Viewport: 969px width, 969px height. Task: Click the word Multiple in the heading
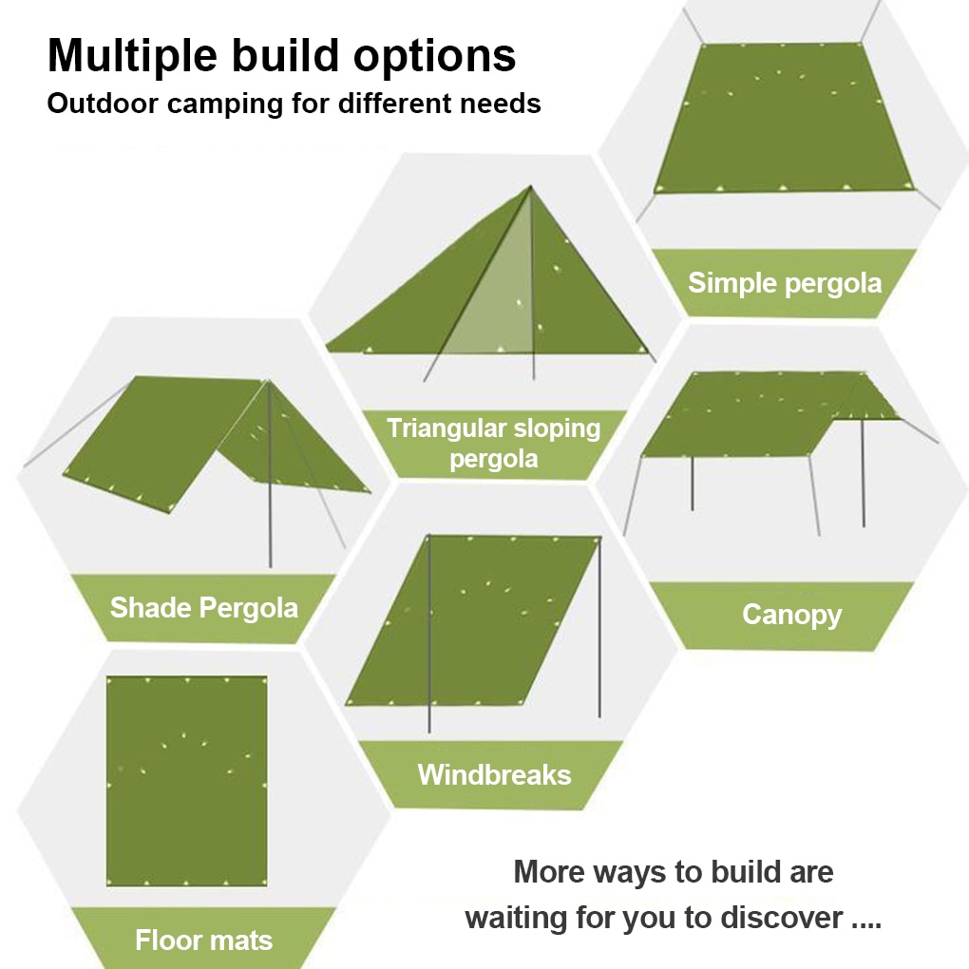pos(132,57)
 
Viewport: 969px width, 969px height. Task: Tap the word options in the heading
pos(434,57)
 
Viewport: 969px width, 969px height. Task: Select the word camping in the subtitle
pos(225,104)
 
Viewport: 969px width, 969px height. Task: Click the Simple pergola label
pos(785,283)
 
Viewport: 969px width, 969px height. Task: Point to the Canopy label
pos(791,615)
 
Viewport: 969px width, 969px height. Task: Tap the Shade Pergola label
pos(204,608)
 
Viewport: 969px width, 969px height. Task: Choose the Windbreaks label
pos(494,775)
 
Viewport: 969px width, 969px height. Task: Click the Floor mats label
pos(204,940)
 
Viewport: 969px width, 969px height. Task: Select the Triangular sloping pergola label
pos(494,444)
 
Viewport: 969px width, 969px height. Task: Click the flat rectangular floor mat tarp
pos(186,781)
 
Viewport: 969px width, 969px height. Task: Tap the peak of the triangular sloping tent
pos(530,186)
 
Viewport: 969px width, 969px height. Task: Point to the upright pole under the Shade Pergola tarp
pos(270,475)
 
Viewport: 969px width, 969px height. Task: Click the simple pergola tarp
pos(784,118)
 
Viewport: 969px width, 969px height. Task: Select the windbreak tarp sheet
pos(473,619)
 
